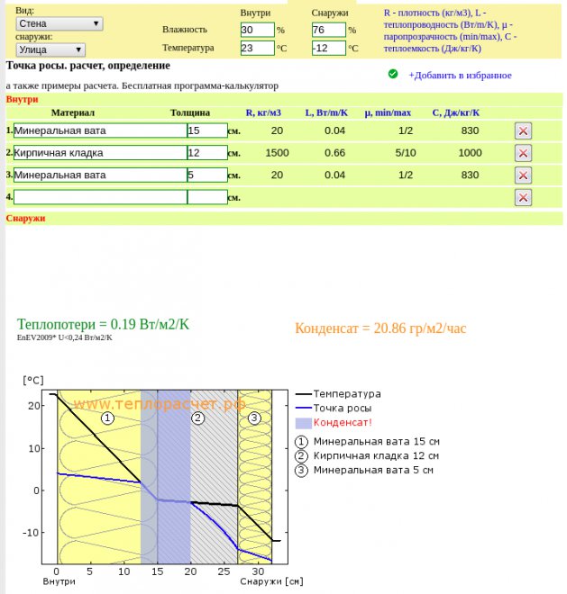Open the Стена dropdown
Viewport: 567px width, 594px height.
point(59,23)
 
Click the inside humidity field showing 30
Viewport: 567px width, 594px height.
point(257,30)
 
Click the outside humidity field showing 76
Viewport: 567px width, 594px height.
point(328,30)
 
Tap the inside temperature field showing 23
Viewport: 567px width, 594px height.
point(257,48)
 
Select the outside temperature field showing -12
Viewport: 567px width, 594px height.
point(328,48)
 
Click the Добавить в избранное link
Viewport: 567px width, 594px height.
point(460,76)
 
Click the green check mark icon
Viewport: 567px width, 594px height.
point(393,74)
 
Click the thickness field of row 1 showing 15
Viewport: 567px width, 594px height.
point(206,130)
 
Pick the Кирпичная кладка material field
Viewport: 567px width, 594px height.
point(99,153)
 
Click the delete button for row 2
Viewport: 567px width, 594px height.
point(523,153)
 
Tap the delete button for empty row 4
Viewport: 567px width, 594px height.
point(523,197)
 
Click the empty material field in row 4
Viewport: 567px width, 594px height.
point(99,197)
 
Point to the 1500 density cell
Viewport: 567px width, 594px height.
point(277,153)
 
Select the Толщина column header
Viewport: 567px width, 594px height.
point(190,113)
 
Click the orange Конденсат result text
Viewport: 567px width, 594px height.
point(380,328)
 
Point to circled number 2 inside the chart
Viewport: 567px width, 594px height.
point(198,418)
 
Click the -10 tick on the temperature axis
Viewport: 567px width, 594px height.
point(34,533)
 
